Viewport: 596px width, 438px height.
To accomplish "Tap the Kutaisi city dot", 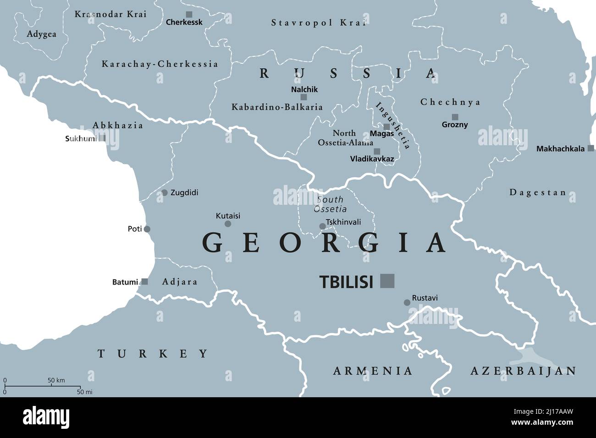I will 228,224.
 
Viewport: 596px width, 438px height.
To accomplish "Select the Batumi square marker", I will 144,282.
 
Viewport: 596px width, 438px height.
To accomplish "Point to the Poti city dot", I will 147,229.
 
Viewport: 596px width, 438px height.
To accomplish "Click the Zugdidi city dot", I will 164,193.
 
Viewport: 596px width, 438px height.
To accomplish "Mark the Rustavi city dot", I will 407,302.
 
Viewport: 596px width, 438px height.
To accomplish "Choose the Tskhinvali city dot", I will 322,226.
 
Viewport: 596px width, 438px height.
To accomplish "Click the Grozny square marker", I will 455,117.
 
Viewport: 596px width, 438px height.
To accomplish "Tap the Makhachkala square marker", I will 591,148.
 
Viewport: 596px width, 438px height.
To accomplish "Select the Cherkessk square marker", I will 189,15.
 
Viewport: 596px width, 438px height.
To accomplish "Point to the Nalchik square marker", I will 304,97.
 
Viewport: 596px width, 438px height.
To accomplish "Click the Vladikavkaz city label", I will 372,159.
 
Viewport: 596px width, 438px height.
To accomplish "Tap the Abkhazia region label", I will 118,126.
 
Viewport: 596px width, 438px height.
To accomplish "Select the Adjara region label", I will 180,282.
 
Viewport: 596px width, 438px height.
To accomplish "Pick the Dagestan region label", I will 538,193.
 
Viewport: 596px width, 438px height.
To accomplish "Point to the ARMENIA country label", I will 373,371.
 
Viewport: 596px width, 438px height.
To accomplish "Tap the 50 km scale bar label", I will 56,380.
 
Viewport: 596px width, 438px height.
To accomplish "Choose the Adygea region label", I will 41,34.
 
